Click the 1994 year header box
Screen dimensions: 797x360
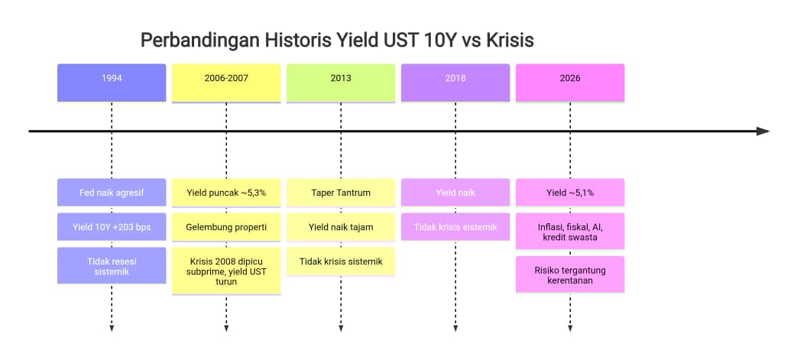pyautogui.click(x=112, y=83)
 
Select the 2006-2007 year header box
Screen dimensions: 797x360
pyautogui.click(x=226, y=83)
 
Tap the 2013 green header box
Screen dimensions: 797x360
pyautogui.click(x=341, y=83)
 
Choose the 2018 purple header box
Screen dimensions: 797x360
pyautogui.click(x=455, y=83)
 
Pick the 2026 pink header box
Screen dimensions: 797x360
pyautogui.click(x=570, y=83)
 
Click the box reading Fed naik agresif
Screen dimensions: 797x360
pyautogui.click(x=112, y=192)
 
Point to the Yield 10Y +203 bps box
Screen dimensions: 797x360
pyautogui.click(x=112, y=227)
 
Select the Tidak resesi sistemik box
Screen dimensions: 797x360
pyautogui.click(x=112, y=265)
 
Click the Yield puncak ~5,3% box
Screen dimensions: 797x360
pyautogui.click(x=226, y=193)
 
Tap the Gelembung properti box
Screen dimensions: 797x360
pyautogui.click(x=226, y=227)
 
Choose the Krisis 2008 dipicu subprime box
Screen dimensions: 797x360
pyautogui.click(x=226, y=271)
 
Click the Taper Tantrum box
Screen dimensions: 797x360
pyautogui.click(x=341, y=193)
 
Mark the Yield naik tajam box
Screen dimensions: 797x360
pyautogui.click(x=341, y=227)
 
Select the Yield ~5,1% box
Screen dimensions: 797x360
pyautogui.click(x=570, y=192)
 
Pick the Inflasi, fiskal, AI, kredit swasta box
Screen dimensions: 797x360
pyautogui.click(x=570, y=232)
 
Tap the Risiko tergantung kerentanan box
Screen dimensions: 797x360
pyautogui.click(x=570, y=274)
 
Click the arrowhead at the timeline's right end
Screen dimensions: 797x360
pyautogui.click(x=763, y=131)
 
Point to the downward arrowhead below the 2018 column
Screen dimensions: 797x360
pyautogui.click(x=455, y=329)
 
